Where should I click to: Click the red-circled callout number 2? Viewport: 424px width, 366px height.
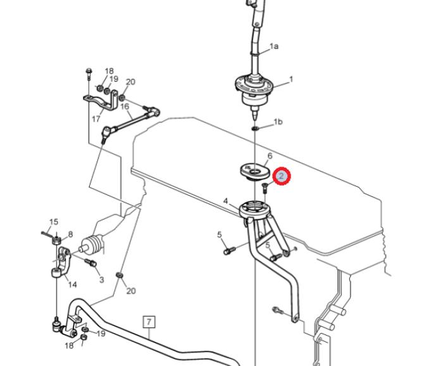[281, 176]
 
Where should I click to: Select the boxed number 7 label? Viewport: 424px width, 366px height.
[149, 322]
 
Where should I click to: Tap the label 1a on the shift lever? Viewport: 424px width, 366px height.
[273, 46]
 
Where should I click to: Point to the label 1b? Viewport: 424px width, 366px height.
[278, 122]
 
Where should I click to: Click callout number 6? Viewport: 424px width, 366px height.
[270, 156]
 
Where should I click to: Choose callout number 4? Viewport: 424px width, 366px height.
[226, 201]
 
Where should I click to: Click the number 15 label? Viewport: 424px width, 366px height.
[54, 222]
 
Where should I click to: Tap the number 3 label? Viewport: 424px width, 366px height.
[102, 280]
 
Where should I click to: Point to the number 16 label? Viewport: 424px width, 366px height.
[125, 106]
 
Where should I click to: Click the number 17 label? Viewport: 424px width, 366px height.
[96, 119]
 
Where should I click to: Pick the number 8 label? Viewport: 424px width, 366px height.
[70, 234]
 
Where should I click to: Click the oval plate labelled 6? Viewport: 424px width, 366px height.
[255, 171]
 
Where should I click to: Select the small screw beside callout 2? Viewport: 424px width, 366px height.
[264, 187]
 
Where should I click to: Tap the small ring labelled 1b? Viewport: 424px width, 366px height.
[255, 128]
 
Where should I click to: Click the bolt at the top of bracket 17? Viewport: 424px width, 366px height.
[89, 73]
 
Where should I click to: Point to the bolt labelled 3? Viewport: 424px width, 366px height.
[90, 262]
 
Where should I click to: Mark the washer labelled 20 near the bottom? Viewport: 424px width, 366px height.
[119, 275]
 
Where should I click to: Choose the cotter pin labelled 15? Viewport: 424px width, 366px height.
[49, 234]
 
